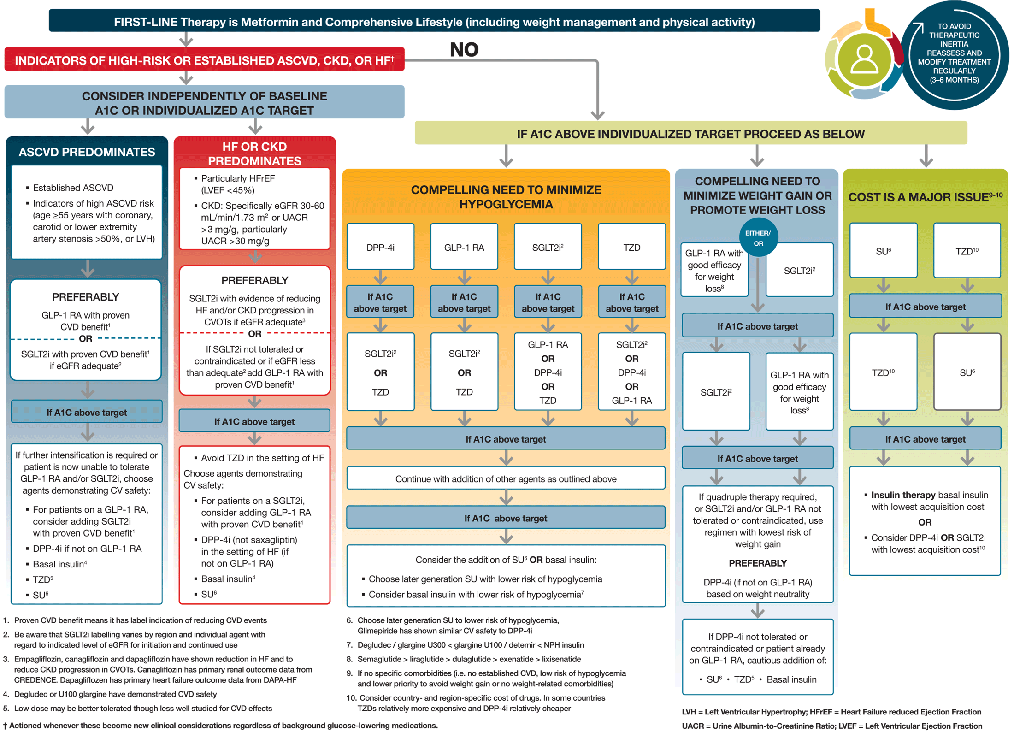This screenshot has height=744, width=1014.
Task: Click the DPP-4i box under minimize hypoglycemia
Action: click(380, 248)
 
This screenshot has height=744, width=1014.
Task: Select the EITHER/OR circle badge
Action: click(758, 238)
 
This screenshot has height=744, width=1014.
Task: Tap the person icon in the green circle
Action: click(864, 60)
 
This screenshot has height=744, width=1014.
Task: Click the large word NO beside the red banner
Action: click(464, 50)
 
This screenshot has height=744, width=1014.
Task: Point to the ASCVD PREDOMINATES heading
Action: click(87, 152)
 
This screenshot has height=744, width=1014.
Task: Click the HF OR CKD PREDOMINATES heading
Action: click(254, 154)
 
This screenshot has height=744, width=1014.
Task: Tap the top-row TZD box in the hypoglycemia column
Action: click(631, 248)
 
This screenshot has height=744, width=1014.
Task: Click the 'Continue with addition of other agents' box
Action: click(506, 479)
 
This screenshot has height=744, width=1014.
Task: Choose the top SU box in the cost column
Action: click(883, 251)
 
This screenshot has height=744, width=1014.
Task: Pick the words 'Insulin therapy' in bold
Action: click(902, 495)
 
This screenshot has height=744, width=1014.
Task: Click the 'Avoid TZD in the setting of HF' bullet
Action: click(262, 458)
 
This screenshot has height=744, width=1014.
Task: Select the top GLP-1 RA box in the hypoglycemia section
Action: click(464, 248)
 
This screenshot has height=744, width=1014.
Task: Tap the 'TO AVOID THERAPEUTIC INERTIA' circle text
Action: click(954, 53)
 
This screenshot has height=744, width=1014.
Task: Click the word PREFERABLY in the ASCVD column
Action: click(86, 297)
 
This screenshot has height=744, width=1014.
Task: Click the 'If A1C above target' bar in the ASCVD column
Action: click(87, 413)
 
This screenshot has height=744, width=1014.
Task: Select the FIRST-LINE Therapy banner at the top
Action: click(434, 22)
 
